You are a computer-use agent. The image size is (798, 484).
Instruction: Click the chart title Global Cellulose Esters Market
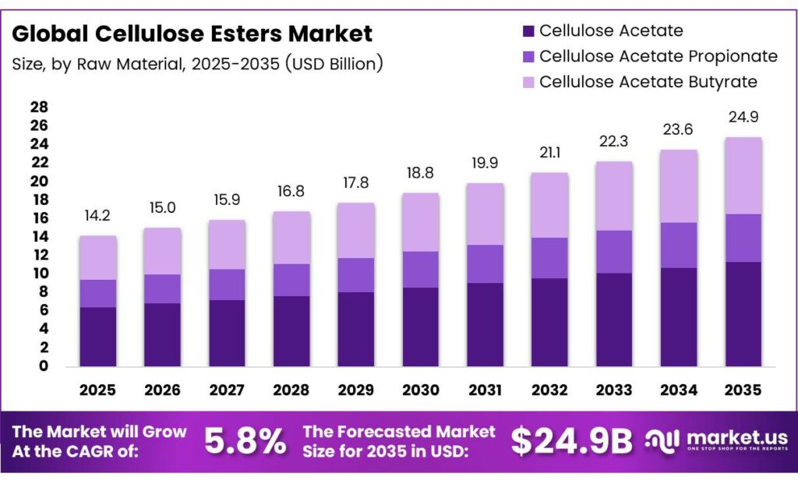192,34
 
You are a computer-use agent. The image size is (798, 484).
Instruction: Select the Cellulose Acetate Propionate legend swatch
528,56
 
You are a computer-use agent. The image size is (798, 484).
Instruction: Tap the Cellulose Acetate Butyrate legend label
648,82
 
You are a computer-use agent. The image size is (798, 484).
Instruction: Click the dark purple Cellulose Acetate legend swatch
528,31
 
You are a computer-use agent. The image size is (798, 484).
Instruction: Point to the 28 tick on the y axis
39,108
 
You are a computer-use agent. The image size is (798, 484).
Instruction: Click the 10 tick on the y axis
39,274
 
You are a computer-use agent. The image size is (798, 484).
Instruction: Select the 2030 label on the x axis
421,389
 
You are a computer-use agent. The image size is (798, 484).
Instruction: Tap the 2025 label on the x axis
97,389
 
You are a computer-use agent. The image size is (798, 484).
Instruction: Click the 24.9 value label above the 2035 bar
743,117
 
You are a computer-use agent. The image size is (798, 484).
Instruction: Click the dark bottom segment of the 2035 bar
743,314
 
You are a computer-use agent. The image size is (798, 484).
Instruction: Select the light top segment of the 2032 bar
550,205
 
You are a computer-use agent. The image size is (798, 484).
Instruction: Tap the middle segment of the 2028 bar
291,280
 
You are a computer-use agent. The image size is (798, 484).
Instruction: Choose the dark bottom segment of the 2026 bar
162,334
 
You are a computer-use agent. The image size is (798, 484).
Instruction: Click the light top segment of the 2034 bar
678,185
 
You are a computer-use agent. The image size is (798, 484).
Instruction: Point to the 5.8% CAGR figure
245,442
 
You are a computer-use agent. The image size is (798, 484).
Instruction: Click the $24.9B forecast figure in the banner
571,442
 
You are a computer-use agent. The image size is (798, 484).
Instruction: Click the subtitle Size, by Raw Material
197,64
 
